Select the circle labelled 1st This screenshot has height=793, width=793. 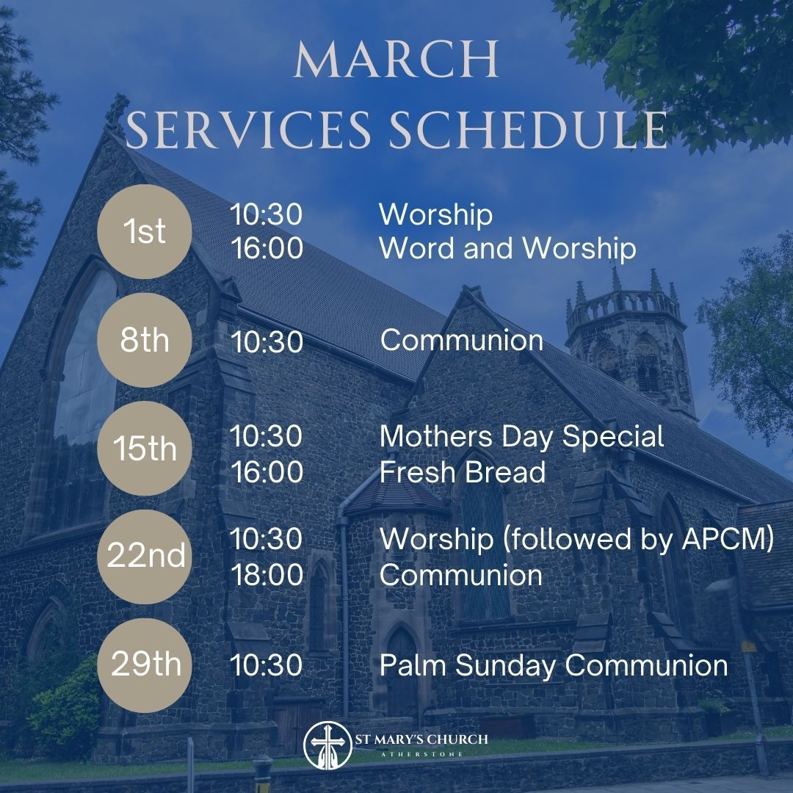(x=145, y=232)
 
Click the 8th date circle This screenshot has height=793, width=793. (x=145, y=341)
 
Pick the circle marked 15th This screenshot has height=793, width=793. (x=145, y=449)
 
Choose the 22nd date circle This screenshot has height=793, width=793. (x=145, y=557)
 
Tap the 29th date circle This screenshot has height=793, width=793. (x=145, y=665)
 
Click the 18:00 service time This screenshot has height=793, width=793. (x=267, y=575)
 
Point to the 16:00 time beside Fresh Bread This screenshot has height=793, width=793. (x=267, y=471)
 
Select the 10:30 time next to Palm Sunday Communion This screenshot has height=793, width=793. (x=266, y=665)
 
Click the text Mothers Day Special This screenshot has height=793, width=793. (x=521, y=436)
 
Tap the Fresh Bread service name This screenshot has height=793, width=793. (x=463, y=471)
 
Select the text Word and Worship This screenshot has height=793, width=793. (x=507, y=249)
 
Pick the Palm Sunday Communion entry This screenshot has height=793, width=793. (x=554, y=665)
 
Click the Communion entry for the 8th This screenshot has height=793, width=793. (x=462, y=341)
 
